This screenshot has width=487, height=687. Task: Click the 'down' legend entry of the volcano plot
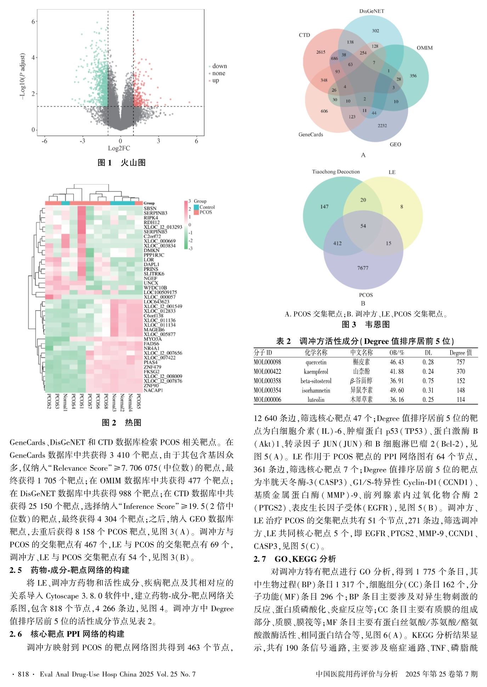pyautogui.click(x=219, y=66)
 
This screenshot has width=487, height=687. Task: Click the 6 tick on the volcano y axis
pyautogui.click(x=33, y=21)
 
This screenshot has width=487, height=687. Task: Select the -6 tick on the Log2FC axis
pyautogui.click(x=44, y=141)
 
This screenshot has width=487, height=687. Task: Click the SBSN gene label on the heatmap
pyautogui.click(x=150, y=209)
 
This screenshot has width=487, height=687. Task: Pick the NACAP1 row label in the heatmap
pyautogui.click(x=153, y=390)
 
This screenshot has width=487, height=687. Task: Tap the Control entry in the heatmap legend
pyautogui.click(x=207, y=207)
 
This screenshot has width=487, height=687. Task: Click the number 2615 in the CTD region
pyautogui.click(x=321, y=52)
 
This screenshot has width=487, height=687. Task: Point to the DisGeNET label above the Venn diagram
pyautogui.click(x=372, y=11)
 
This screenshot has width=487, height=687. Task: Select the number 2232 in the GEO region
pyautogui.click(x=382, y=125)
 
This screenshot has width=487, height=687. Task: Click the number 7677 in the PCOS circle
pyautogui.click(x=363, y=268)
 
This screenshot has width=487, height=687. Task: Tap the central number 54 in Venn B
pyautogui.click(x=363, y=226)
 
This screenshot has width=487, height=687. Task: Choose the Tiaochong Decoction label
pyautogui.click(x=336, y=172)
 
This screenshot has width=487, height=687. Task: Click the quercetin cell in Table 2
pyautogui.click(x=316, y=362)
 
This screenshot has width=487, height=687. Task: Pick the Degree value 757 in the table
pyautogui.click(x=461, y=362)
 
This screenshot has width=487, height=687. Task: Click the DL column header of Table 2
pyautogui.click(x=428, y=353)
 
